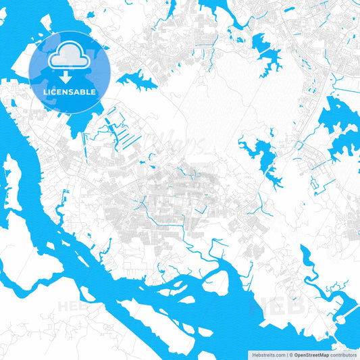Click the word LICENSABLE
click(70, 92)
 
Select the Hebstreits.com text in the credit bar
click(268, 354)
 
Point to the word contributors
click(344, 354)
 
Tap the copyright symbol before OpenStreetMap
click(290, 354)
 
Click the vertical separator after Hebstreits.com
click(286, 354)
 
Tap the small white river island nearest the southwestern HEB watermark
click(88, 294)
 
